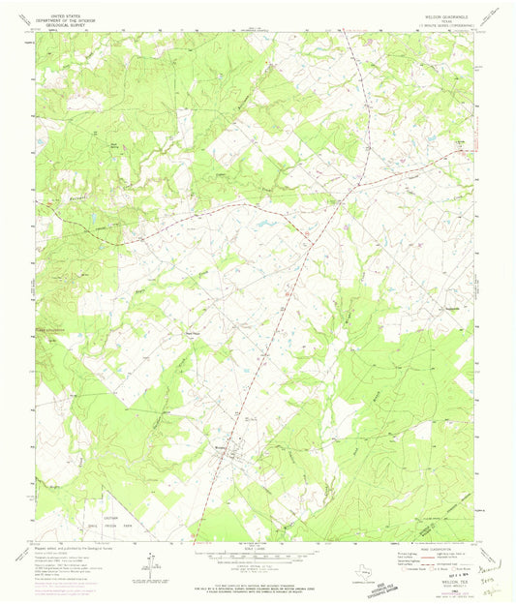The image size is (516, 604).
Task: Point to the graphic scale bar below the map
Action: tap(258, 558)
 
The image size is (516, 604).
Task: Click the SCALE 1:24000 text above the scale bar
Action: tap(258, 549)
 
